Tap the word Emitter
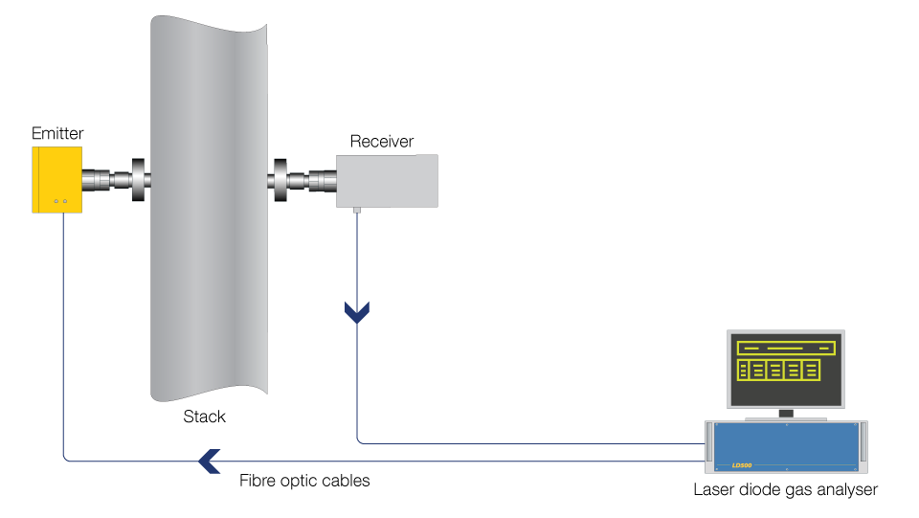tap(57, 133)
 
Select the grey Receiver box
tap(388, 181)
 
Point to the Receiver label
tap(382, 142)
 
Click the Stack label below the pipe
tap(205, 417)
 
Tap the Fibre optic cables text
tap(304, 481)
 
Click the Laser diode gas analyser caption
tap(785, 490)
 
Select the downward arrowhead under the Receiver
tap(357, 312)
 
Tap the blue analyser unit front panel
tap(785, 446)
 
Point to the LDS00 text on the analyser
tap(742, 465)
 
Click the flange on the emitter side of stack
tap(138, 180)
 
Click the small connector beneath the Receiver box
tap(356, 210)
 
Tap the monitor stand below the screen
tap(786, 416)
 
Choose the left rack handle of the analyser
tap(709, 445)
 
